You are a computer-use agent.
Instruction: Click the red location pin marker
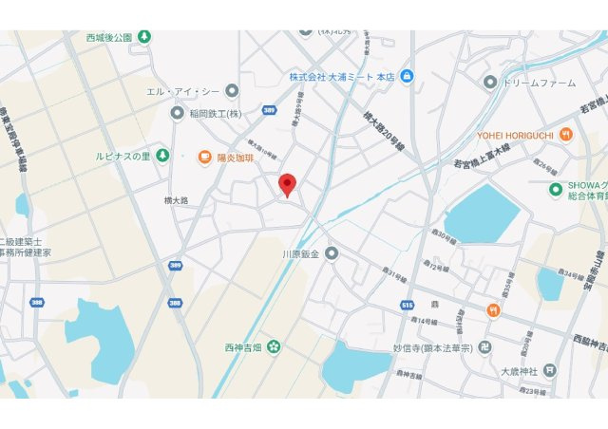click(x=288, y=185)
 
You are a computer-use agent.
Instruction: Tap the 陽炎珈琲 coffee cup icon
click(x=204, y=157)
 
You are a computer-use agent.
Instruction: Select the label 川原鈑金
click(x=302, y=253)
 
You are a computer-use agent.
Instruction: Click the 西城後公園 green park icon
click(x=143, y=38)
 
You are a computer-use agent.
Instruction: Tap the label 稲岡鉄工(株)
click(x=216, y=113)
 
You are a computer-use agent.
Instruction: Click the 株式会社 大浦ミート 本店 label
click(x=342, y=76)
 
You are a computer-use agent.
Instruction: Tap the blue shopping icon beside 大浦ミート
click(x=407, y=76)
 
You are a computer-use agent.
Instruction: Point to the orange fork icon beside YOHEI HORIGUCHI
click(x=566, y=134)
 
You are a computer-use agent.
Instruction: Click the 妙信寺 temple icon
click(x=485, y=347)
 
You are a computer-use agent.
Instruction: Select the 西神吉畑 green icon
click(x=274, y=346)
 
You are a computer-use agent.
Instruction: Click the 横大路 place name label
click(x=176, y=200)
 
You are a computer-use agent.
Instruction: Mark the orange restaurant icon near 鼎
click(x=494, y=310)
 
